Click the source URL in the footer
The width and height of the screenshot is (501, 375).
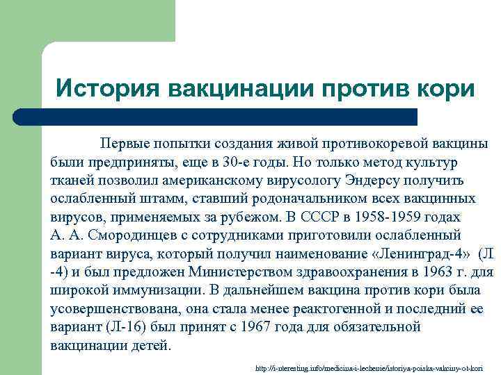(374, 366)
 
